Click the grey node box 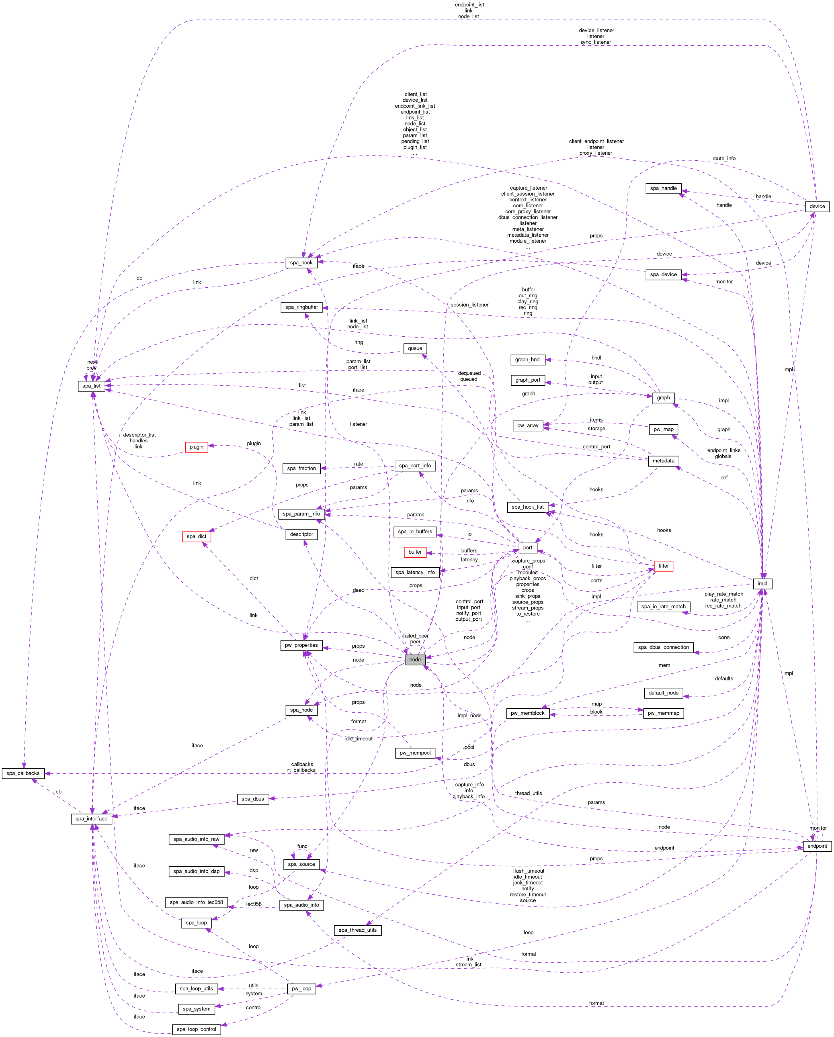pos(415,659)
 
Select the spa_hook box pos(301,263)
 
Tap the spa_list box pos(91,386)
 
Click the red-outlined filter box pos(663,566)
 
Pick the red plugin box pos(197,447)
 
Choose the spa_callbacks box pos(23,773)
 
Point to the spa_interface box pos(91,819)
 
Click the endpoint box pos(817,846)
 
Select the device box pos(817,207)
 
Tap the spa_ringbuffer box pos(301,307)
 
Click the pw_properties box pos(301,645)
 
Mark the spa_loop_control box pos(197,1029)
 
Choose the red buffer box pos(415,552)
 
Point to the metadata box pos(663,461)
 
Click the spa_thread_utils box pos(358,930)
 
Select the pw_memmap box pos(663,713)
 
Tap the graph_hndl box pos(527,360)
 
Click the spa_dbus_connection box pos(663,647)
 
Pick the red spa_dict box pos(197,536)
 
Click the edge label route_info pos(724,159)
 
